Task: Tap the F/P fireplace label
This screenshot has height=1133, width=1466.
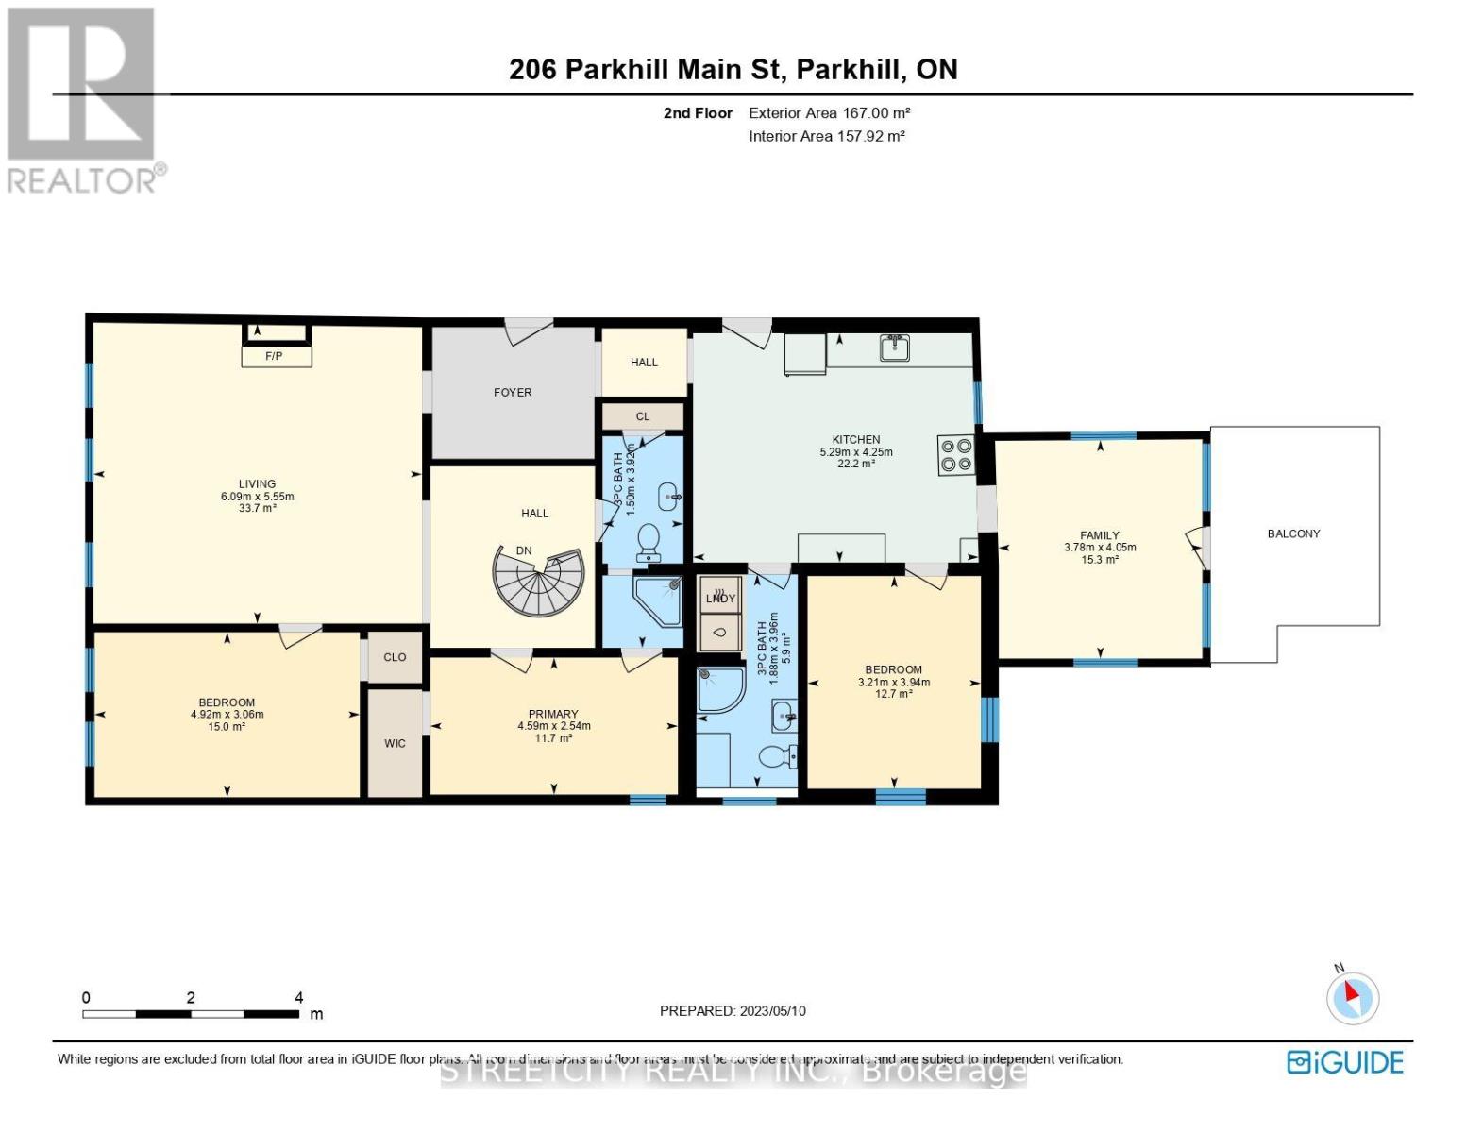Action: [274, 356]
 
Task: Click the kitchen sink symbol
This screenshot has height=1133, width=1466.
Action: [894, 348]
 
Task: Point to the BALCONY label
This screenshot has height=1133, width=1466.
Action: [1293, 533]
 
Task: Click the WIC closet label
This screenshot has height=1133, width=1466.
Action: [395, 744]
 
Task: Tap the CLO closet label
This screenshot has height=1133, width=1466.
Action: [395, 657]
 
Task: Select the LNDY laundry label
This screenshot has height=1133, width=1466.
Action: [720, 598]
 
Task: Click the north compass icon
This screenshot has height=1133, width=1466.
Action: [1353, 996]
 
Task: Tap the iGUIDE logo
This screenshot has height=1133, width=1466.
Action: [1345, 1062]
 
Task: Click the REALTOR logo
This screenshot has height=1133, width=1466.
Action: [83, 99]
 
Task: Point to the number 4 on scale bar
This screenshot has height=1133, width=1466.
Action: [299, 997]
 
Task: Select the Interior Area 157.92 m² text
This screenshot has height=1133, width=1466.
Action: [827, 136]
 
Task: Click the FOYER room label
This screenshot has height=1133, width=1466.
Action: [513, 392]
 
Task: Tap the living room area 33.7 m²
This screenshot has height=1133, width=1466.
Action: [257, 508]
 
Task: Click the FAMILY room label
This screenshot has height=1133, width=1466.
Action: [1100, 535]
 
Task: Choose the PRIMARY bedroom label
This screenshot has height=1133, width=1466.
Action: [553, 714]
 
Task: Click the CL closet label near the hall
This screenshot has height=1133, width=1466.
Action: [643, 416]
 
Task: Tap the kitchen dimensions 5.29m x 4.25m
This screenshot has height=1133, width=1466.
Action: [855, 452]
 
